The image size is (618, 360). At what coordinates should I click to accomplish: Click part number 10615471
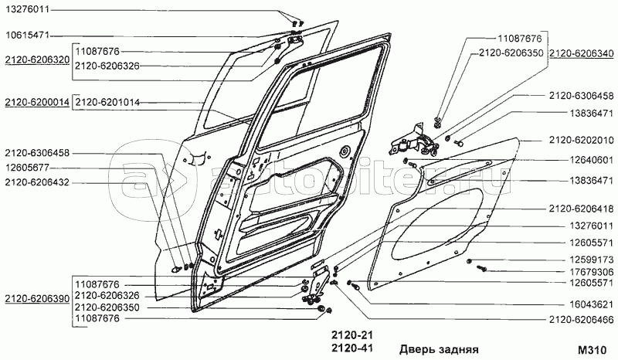click(27, 36)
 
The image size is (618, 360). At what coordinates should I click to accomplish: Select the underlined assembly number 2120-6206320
click(37, 60)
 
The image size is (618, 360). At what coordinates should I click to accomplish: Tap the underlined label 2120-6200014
click(37, 103)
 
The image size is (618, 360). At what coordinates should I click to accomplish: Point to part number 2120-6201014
click(107, 103)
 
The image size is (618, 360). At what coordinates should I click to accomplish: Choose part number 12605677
click(27, 168)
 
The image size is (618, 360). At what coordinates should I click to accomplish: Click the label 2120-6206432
click(37, 182)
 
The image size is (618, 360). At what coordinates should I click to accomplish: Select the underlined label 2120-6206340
click(582, 53)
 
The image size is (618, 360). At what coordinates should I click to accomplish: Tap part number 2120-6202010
click(582, 141)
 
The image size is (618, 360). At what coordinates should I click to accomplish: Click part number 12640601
click(592, 160)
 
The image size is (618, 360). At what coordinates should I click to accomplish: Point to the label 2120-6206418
click(582, 209)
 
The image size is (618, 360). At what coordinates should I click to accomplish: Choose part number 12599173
click(592, 260)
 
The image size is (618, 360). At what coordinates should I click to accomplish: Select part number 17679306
click(592, 272)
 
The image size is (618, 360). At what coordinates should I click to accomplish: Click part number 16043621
click(592, 304)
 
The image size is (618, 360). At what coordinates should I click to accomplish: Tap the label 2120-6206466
click(582, 320)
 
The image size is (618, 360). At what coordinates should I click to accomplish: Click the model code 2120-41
click(352, 348)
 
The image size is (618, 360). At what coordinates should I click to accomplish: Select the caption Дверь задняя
click(439, 349)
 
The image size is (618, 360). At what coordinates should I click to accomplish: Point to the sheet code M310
click(592, 350)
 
